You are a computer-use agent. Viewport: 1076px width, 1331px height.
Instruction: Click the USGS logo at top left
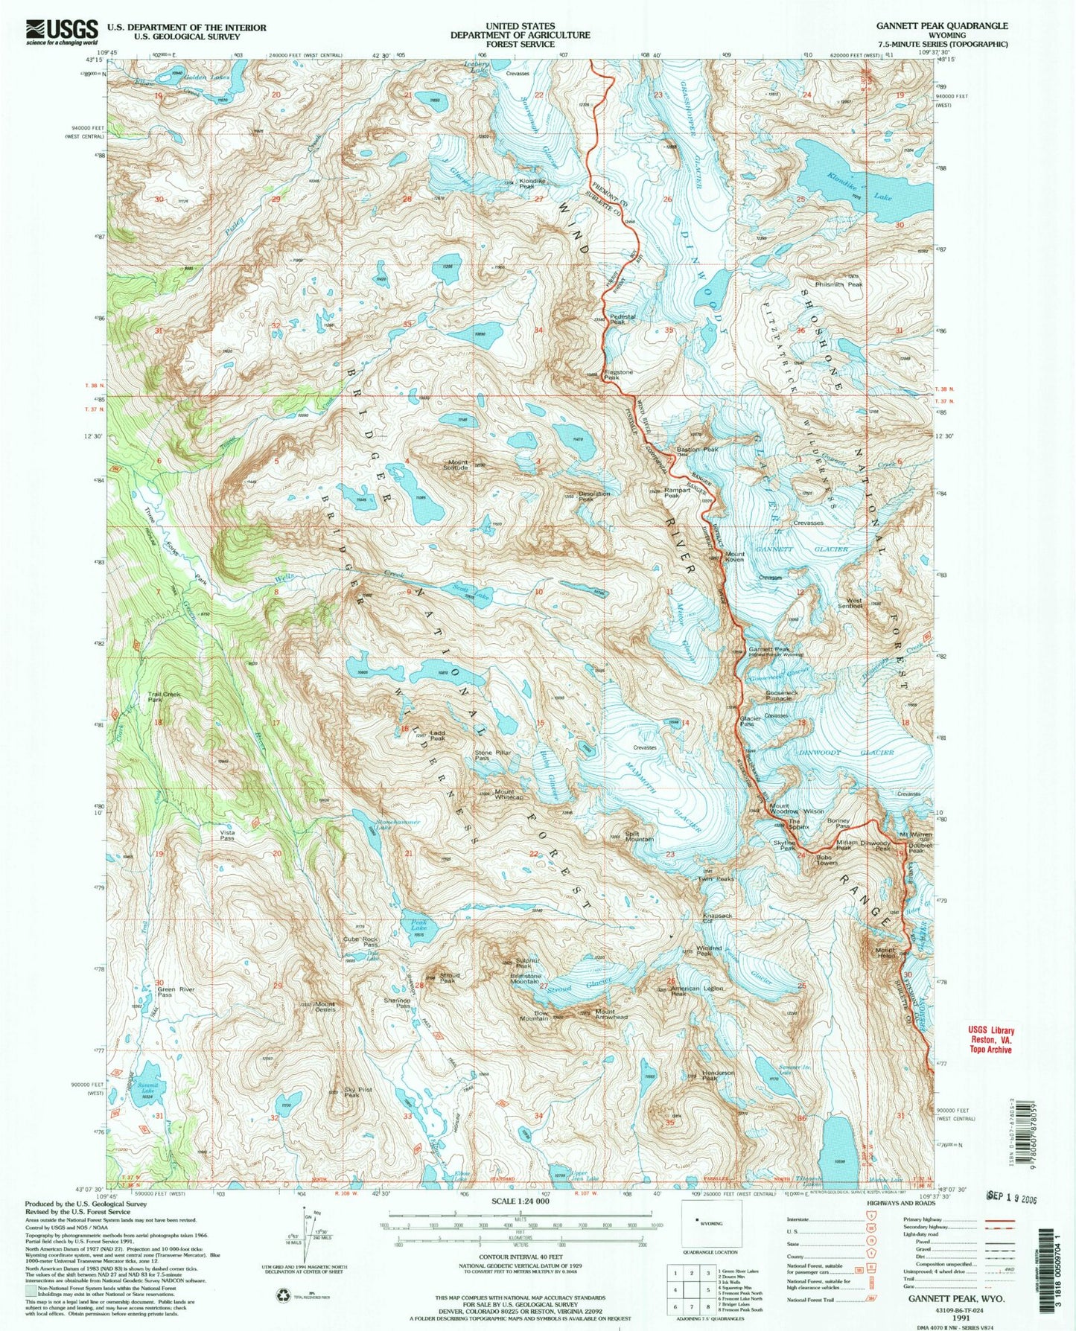pos(62,32)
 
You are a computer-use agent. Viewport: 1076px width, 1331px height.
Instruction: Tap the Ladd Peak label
pos(436,735)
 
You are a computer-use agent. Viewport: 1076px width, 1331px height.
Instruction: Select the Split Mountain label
pos(639,836)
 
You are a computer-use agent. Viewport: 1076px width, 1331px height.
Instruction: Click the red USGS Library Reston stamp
pos(984,1040)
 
